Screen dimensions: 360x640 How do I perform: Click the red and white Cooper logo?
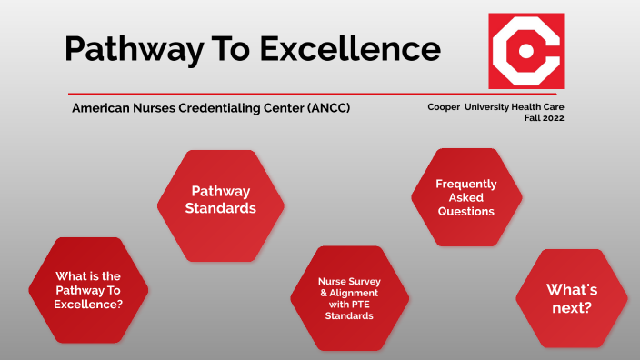(x=526, y=50)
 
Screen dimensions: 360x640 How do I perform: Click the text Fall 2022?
(x=544, y=119)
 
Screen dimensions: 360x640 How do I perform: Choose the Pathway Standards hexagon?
(x=220, y=199)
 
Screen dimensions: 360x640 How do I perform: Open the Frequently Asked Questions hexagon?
(x=465, y=197)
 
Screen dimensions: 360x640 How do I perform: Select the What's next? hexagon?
(x=571, y=299)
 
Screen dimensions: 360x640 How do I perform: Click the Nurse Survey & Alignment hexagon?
(x=348, y=299)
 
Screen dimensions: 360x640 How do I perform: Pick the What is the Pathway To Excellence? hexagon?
(x=87, y=290)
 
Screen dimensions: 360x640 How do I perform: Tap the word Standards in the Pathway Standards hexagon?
(x=221, y=208)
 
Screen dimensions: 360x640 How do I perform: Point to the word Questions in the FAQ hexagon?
(x=465, y=211)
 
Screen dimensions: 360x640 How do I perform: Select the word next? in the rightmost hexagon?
(x=571, y=308)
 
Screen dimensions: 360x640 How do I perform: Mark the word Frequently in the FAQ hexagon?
(x=465, y=184)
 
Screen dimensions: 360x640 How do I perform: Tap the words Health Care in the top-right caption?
(x=539, y=107)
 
